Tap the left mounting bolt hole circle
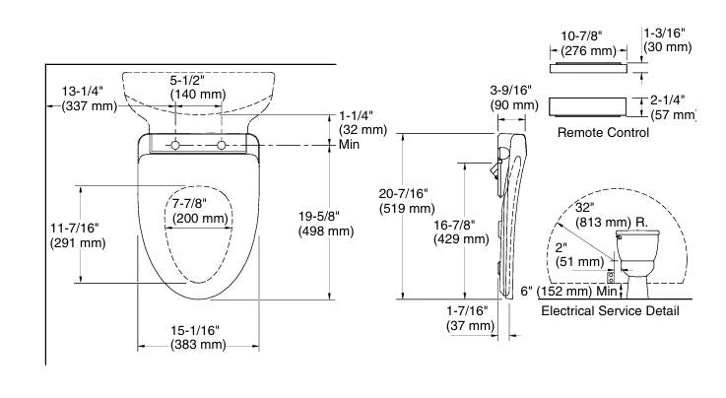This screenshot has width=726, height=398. (x=175, y=146)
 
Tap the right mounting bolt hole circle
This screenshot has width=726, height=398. (x=222, y=146)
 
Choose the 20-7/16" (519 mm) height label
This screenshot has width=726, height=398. (x=407, y=201)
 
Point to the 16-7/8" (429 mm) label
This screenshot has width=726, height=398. (x=460, y=232)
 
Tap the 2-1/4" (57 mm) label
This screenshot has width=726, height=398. (x=670, y=106)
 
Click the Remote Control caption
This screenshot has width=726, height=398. (x=603, y=131)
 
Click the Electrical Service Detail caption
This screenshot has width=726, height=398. (x=610, y=310)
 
